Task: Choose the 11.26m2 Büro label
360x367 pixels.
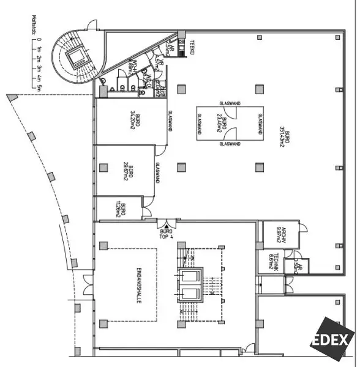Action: [x=122, y=209]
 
